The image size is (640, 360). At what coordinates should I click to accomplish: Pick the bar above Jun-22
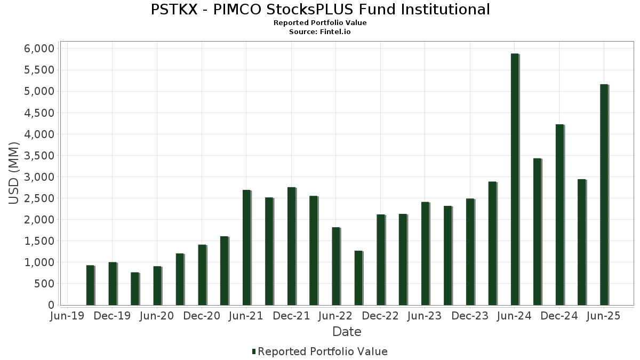pos(336,266)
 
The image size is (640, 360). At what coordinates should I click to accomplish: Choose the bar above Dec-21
pos(291,246)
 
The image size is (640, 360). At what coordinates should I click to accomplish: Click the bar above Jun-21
pos(246,247)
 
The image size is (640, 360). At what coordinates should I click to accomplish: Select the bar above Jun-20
pos(157,286)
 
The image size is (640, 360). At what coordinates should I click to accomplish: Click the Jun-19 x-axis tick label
pos(67,316)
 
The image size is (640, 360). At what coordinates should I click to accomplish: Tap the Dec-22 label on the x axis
pos(381,316)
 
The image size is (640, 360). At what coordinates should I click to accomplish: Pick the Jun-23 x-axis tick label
pos(425,316)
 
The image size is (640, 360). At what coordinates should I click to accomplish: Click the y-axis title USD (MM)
pos(14,173)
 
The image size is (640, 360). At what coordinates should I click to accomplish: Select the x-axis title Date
pos(347,332)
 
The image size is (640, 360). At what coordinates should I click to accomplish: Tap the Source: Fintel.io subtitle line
pos(320,31)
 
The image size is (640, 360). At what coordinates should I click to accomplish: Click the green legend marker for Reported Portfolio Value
pos(254,351)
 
